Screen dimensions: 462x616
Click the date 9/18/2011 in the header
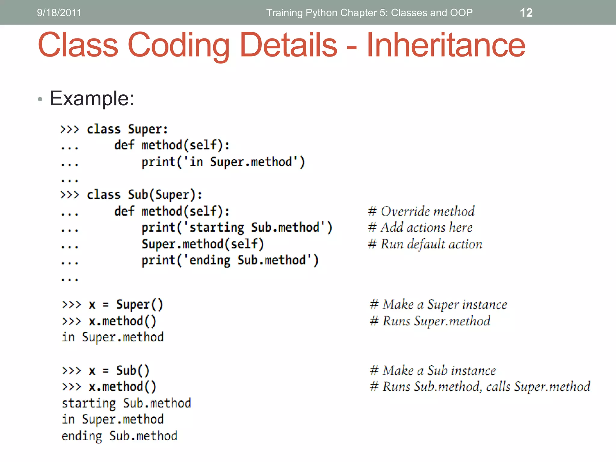[x=59, y=13]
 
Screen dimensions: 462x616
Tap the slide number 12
[x=526, y=13]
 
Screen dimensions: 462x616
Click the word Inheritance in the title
[x=446, y=45]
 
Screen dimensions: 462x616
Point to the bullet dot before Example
[x=40, y=99]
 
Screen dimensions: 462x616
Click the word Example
[x=92, y=98]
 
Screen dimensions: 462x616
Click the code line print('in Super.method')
[x=223, y=162]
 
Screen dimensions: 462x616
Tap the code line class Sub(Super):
[x=144, y=195]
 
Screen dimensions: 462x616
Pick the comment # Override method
[x=421, y=211]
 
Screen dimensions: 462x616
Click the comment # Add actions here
[x=420, y=227]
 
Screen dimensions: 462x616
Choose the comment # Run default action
[x=425, y=244]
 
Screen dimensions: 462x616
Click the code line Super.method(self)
[x=203, y=244]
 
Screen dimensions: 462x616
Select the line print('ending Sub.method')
[x=230, y=260]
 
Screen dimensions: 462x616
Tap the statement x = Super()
[x=126, y=305]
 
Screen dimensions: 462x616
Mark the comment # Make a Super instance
[x=438, y=304]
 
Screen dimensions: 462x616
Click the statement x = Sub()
[x=119, y=371]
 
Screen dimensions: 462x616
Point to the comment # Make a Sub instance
[x=433, y=371]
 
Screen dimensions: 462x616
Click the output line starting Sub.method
[x=126, y=403]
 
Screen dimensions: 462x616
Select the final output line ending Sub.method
[x=119, y=436]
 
